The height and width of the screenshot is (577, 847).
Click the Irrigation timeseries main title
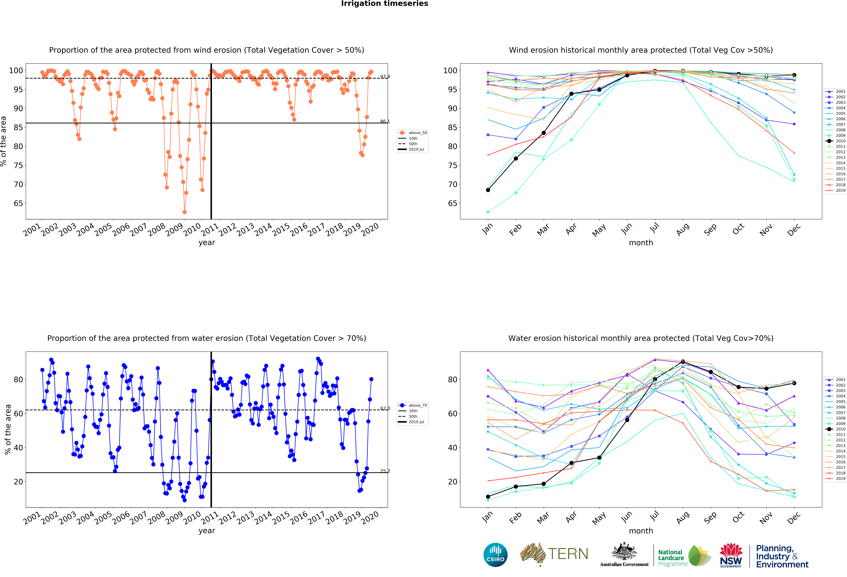pos(385,4)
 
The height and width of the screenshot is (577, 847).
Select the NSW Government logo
pos(731,555)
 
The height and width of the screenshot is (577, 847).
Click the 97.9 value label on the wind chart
pos(385,77)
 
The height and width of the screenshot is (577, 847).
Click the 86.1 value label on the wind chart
pos(385,121)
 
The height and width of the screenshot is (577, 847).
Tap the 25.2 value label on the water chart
pos(385,471)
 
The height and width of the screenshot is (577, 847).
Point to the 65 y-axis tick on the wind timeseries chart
pos(18,203)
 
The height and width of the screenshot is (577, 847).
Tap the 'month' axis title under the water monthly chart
pos(641,531)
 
